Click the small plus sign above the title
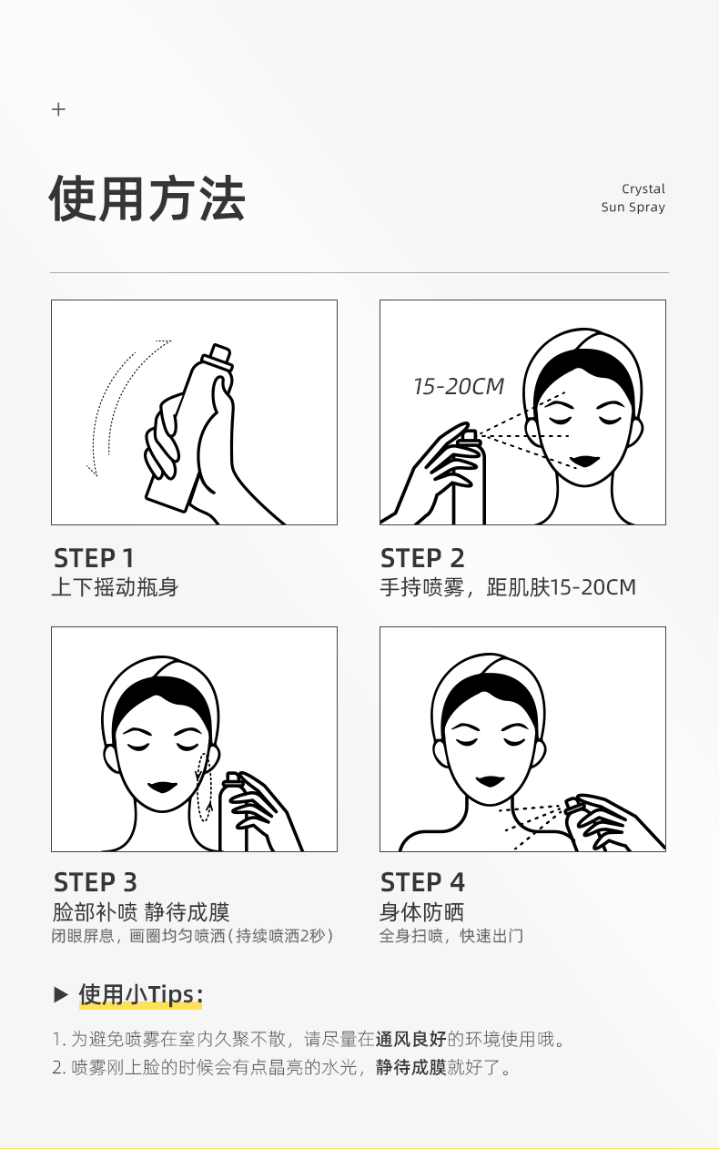coord(58,109)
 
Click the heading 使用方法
coord(147,198)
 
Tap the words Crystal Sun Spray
coord(633,198)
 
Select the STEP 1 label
coord(94,558)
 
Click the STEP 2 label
coord(422,558)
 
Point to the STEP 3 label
coord(96,882)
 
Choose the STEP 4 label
coord(422,882)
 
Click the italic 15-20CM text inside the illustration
coord(459,386)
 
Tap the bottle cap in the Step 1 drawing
coord(222,354)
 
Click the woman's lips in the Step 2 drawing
coord(586,460)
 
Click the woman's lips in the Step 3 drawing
coord(162,787)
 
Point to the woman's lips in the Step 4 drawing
coord(490,780)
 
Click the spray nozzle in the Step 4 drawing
coord(572,804)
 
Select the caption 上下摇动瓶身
coord(116,587)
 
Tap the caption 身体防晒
coord(422,912)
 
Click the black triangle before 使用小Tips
coord(61,994)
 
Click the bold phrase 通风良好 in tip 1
coord(410,1039)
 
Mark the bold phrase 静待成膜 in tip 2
coord(410,1067)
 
